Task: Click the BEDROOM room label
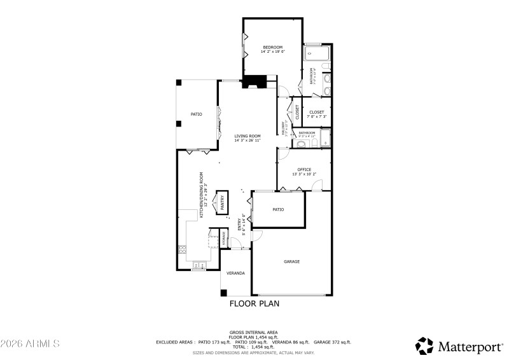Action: point(273,47)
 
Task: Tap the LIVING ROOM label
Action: point(248,135)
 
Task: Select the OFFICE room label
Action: point(304,169)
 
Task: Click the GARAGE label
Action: point(291,261)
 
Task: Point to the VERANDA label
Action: point(236,273)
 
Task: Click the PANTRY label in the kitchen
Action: point(223,202)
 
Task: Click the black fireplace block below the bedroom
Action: point(256,81)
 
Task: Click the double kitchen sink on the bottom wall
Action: point(200,265)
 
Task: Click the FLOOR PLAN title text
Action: point(254,303)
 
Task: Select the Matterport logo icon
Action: point(424,345)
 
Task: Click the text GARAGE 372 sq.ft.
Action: point(332,342)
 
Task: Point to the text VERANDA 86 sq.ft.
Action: point(290,342)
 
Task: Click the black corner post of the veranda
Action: point(223,293)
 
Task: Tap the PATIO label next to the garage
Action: point(278,209)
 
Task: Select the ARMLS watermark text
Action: point(30,344)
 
